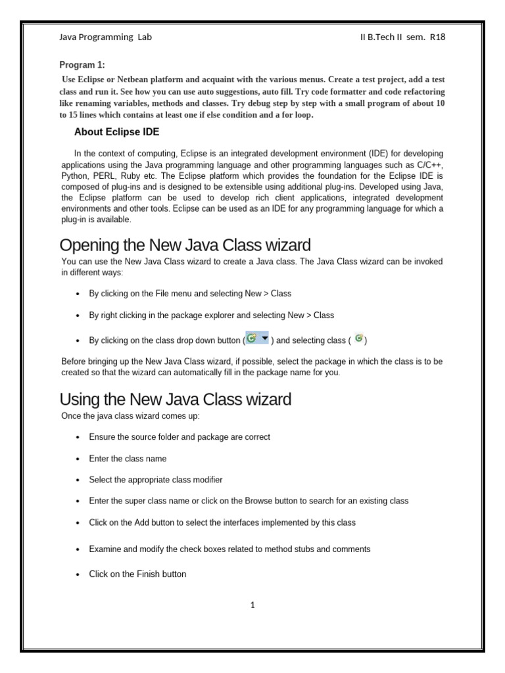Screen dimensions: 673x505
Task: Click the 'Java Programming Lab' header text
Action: (105, 37)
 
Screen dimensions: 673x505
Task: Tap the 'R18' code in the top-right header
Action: (437, 37)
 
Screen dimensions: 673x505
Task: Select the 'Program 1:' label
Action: (82, 65)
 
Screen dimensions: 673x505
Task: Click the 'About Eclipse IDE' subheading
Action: (117, 132)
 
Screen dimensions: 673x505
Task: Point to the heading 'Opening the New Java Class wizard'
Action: (185, 246)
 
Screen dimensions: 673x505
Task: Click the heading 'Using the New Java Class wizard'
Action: (176, 399)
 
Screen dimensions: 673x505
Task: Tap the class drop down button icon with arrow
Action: (257, 338)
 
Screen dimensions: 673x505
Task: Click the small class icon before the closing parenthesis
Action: (358, 338)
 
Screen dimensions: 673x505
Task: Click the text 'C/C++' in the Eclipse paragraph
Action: (429, 164)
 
